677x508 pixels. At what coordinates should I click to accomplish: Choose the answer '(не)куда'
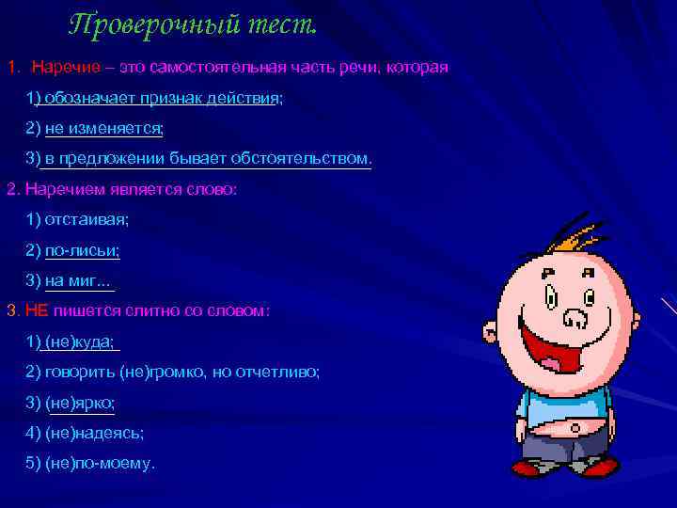[80, 341]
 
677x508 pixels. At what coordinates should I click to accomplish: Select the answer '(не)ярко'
[80, 403]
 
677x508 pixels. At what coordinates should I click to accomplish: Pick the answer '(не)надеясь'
[94, 434]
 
